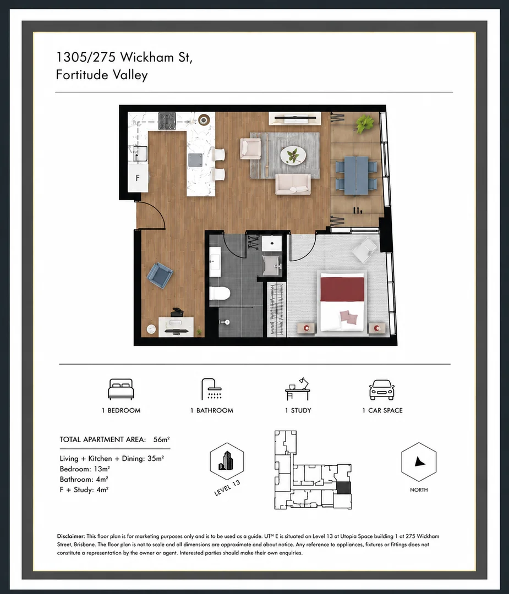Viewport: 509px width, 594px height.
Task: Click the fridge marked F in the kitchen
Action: [x=138, y=177]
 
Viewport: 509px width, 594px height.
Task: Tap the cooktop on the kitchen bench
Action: [x=167, y=121]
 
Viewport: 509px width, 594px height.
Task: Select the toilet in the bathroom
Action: [x=220, y=293]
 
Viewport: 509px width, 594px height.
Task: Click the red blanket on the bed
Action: [x=342, y=289]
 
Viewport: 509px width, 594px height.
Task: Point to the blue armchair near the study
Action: [x=160, y=276]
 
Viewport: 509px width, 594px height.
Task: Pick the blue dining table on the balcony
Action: [x=356, y=175]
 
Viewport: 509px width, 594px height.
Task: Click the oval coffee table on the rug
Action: [x=293, y=155]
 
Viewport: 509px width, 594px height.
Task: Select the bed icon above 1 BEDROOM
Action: [x=121, y=389]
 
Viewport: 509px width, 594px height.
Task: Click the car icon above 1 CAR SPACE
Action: [x=382, y=390]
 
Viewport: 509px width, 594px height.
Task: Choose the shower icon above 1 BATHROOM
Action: [x=211, y=389]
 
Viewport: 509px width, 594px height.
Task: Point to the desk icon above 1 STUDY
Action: [x=298, y=389]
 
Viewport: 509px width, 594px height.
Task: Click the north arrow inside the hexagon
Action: [x=419, y=461]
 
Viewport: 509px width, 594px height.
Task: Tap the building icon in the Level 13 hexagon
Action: [x=227, y=461]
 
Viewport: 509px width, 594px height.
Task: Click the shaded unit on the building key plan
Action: [x=344, y=487]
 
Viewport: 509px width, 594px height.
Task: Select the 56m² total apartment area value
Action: [x=161, y=439]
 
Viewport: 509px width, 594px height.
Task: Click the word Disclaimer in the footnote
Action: [x=71, y=536]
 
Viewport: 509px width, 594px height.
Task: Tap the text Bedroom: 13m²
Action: [x=85, y=469]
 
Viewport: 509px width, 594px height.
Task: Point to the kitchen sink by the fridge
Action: [x=139, y=153]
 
